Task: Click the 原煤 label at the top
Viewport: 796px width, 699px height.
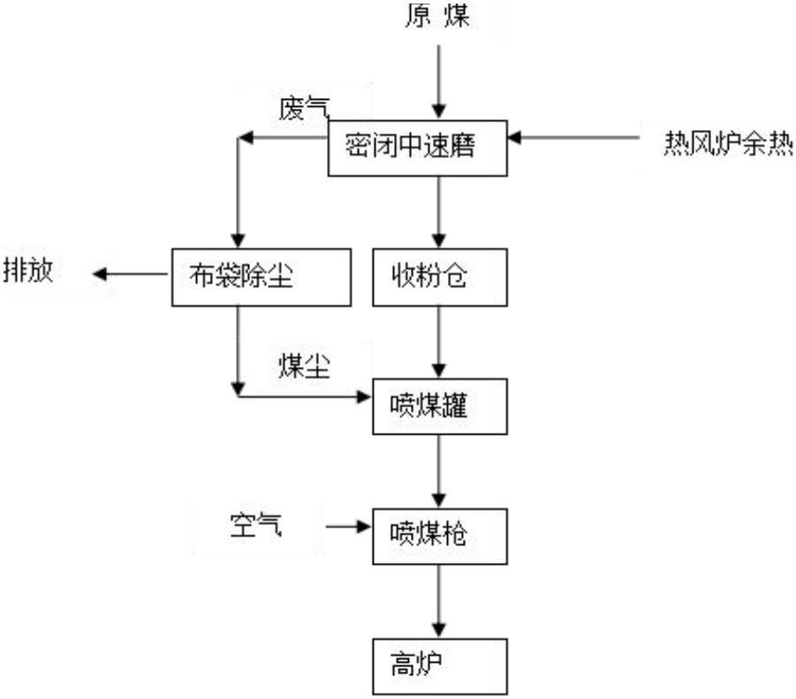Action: [437, 15]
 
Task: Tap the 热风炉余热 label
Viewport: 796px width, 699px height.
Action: [729, 144]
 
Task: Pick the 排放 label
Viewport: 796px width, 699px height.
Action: [28, 270]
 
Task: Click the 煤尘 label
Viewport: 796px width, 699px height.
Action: [305, 366]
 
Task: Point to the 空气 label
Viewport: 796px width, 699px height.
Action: [256, 525]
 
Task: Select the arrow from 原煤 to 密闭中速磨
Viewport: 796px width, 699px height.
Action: [439, 81]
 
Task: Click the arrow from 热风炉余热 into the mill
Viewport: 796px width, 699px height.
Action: [573, 137]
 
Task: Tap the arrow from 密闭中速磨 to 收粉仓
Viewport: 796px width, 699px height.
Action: [439, 212]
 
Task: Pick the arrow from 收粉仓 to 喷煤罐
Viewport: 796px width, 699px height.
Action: [439, 342]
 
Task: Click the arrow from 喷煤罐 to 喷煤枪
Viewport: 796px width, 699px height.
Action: [439, 472]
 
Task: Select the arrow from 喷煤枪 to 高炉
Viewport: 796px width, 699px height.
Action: [439, 602]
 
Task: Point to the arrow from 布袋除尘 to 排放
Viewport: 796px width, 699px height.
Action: [130, 274]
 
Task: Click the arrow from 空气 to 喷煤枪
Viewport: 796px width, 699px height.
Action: [349, 527]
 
